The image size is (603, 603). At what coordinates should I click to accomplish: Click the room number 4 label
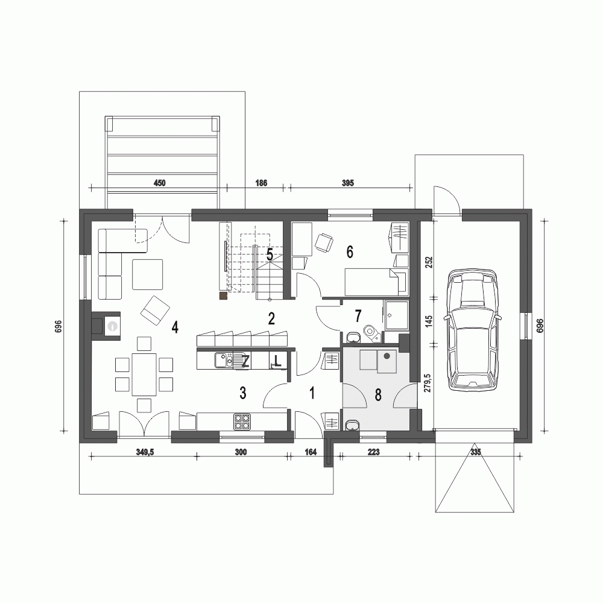[x=175, y=327]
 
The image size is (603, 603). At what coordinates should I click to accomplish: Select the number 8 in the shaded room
[x=378, y=395]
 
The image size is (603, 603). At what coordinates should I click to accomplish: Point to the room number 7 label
[x=358, y=315]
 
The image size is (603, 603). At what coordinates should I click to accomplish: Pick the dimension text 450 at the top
[x=159, y=182]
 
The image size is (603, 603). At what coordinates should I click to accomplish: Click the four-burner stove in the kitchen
[x=242, y=421]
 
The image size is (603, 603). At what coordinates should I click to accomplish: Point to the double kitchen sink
[x=224, y=360]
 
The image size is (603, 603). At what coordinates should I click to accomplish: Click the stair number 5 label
[x=270, y=254]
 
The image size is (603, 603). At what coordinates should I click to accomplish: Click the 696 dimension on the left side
[x=58, y=326]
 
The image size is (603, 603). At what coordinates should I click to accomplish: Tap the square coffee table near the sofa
[x=148, y=273]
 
